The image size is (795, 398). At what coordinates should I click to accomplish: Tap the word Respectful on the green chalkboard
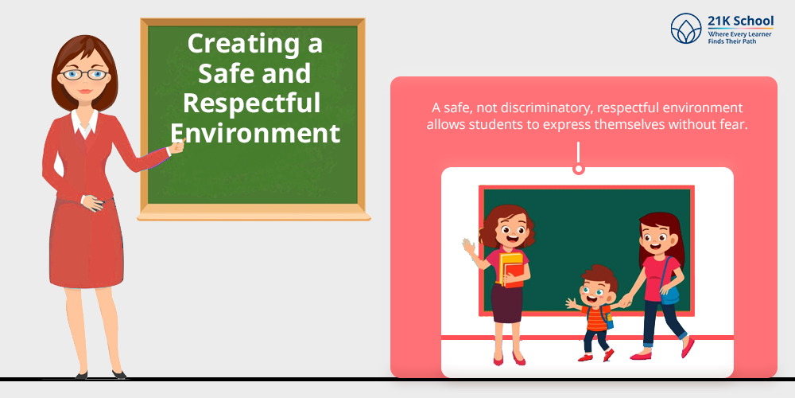[252, 103]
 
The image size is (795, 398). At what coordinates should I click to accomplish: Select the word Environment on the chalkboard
[255, 132]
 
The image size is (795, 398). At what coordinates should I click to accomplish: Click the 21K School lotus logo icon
[686, 29]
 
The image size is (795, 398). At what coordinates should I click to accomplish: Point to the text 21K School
[741, 21]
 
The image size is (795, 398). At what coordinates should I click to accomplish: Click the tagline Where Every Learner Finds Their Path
[739, 37]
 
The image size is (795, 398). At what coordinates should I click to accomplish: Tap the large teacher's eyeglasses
[84, 75]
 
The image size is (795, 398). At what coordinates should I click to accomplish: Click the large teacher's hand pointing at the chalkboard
[177, 146]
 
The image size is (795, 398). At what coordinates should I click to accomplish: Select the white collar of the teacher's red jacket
[84, 123]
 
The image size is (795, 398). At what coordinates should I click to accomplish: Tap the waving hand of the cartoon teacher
[468, 248]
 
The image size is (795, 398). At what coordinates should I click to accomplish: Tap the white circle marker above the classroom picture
[578, 169]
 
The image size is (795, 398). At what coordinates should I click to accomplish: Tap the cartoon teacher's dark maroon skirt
[506, 303]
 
